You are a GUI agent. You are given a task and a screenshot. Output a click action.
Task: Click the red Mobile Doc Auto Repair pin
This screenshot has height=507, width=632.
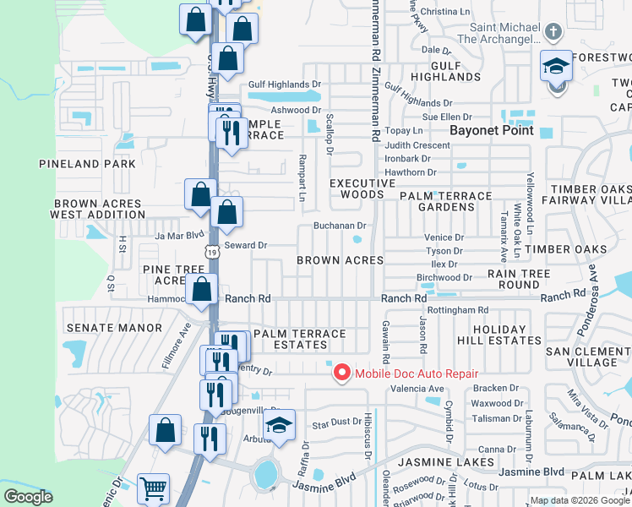(x=341, y=373)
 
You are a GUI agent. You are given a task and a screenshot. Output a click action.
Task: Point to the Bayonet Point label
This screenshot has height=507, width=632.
(x=491, y=130)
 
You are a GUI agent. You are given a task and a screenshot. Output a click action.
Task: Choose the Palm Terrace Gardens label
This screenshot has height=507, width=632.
(x=445, y=195)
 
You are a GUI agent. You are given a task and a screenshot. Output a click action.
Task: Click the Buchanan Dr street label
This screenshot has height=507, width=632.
(x=339, y=226)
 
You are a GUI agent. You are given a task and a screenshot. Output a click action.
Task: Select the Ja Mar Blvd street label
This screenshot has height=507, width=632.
(x=180, y=236)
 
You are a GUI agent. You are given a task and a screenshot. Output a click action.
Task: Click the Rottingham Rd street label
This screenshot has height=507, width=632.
(x=459, y=310)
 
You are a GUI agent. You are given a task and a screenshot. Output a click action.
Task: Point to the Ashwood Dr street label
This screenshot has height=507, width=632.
(x=296, y=110)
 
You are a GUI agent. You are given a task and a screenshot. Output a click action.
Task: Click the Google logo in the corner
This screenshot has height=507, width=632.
(x=28, y=498)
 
